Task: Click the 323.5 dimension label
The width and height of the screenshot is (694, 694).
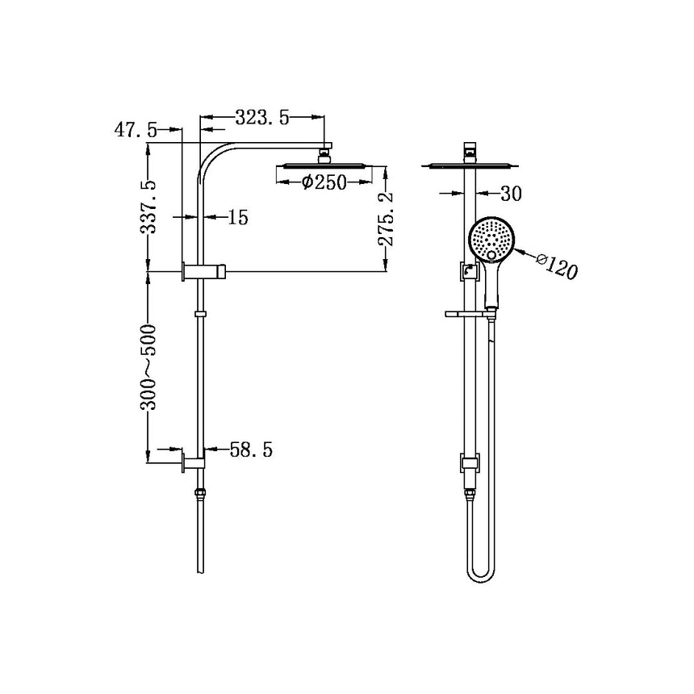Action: coord(261,118)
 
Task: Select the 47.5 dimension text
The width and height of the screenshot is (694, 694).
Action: coord(136,131)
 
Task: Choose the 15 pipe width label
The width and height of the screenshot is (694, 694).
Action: coord(237,217)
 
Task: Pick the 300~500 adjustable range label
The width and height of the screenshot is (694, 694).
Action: coord(149,367)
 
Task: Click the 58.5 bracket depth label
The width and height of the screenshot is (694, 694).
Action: coord(251,449)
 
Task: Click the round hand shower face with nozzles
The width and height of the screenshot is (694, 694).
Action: coord(491,239)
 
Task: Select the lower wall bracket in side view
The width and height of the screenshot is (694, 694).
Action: coord(194,462)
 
